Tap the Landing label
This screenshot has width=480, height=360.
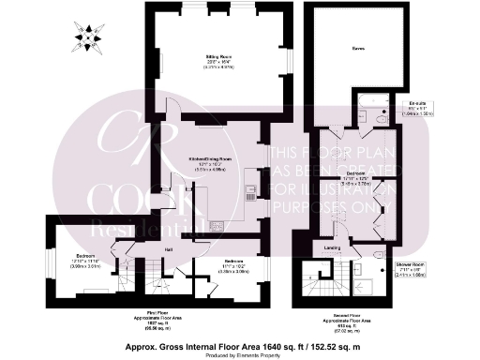(331, 247)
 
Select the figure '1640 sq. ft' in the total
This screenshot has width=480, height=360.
(268, 344)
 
